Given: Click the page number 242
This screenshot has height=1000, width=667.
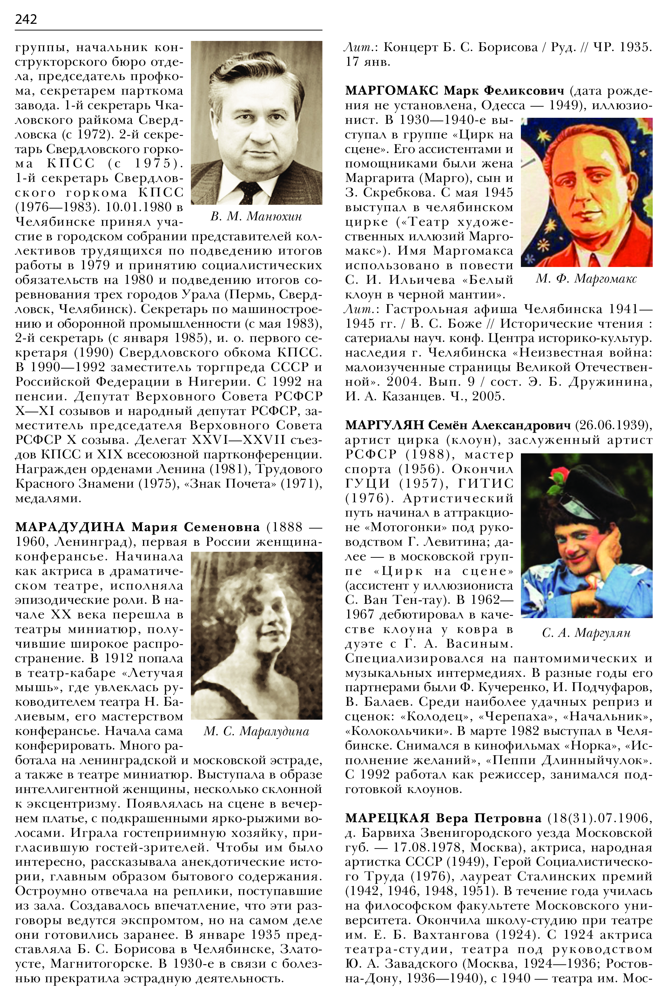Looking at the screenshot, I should click(x=26, y=19).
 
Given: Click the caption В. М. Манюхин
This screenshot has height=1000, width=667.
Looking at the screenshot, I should click(x=256, y=217).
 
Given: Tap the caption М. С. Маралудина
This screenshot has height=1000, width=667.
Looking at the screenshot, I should click(x=256, y=731).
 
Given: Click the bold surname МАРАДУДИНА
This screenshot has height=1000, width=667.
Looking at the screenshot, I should click(x=70, y=527).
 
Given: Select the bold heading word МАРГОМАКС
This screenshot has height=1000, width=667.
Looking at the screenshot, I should click(x=391, y=90).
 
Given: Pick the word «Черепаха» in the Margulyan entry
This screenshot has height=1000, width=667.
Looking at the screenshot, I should click(x=516, y=717).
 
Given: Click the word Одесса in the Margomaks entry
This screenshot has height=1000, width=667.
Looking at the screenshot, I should click(x=503, y=105).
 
